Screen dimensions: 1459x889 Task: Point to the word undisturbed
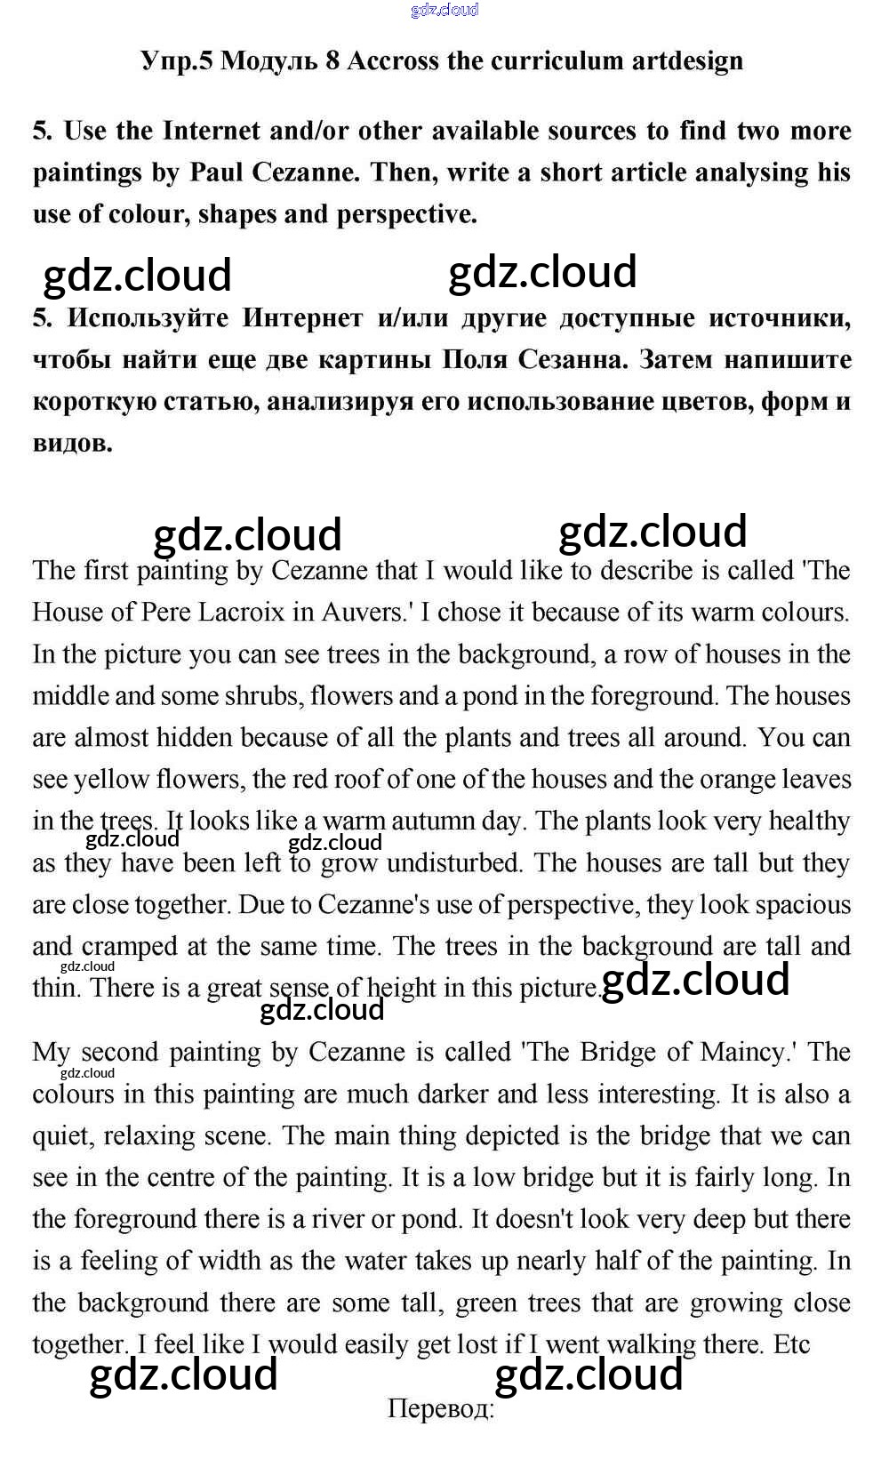click(454, 862)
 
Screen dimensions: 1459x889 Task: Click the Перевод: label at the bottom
click(441, 1409)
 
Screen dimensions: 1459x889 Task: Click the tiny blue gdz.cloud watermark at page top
click(444, 10)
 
